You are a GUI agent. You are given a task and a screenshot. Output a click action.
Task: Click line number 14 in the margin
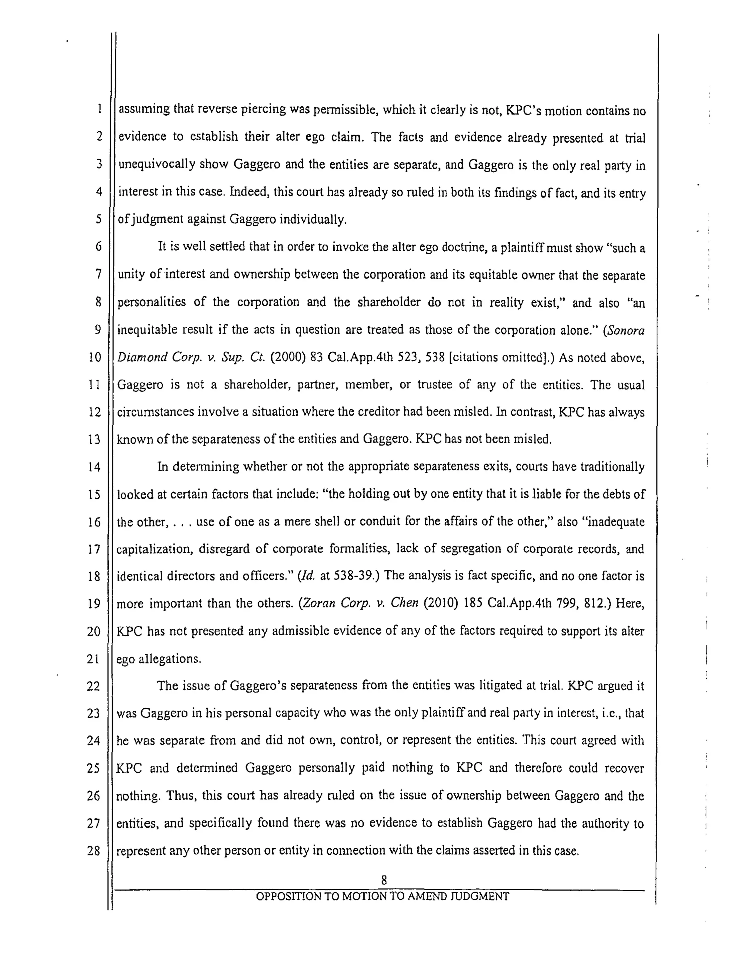pos(94,467)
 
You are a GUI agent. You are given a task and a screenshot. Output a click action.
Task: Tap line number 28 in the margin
pos(93,851)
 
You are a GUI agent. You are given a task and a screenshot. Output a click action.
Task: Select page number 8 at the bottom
pos(384,880)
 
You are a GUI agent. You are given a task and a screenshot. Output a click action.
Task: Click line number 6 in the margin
pos(98,247)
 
